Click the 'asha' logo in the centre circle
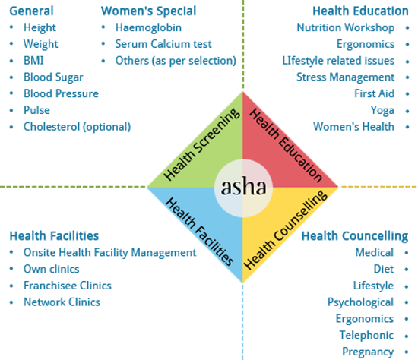(244, 187)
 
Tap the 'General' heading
(31, 11)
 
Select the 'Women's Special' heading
(148, 11)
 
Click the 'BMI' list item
(33, 61)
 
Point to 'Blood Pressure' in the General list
(61, 93)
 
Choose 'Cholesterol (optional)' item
(77, 127)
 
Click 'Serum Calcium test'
(163, 44)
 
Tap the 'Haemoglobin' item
(148, 27)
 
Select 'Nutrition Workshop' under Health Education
(346, 27)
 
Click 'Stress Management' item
(346, 77)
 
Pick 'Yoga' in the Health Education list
(382, 110)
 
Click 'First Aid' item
(374, 93)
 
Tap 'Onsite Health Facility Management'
(110, 253)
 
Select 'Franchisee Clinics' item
(68, 286)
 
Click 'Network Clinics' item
(62, 302)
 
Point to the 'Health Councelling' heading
(355, 236)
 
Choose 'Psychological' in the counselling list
(361, 302)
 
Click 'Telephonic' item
(366, 335)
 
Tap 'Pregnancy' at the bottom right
(368, 352)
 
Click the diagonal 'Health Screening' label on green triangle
(202, 144)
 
